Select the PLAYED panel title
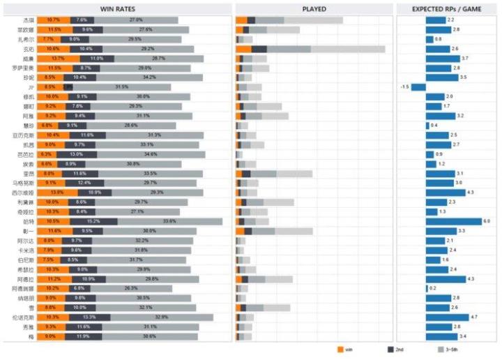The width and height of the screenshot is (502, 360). click(314, 8)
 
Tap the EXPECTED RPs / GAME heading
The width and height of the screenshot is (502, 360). click(446, 8)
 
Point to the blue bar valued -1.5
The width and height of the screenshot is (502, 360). click(418, 87)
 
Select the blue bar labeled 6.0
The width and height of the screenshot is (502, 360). click(453, 221)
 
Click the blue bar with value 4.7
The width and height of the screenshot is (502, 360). click(447, 317)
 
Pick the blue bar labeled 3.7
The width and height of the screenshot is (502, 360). click(443, 59)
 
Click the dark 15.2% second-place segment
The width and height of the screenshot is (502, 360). click(84, 221)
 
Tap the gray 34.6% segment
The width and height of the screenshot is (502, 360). click(151, 154)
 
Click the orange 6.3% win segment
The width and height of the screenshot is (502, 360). click(47, 154)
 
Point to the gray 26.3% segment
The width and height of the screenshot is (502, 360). click(131, 288)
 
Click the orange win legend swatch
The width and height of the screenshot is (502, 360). click(340, 349)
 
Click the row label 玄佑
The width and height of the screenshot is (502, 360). click(29, 49)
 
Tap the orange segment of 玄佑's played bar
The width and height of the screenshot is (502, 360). click(243, 49)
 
